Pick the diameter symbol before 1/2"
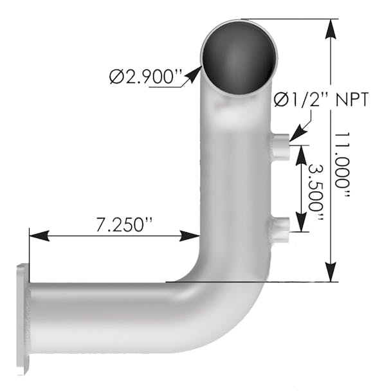click(x=280, y=99)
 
